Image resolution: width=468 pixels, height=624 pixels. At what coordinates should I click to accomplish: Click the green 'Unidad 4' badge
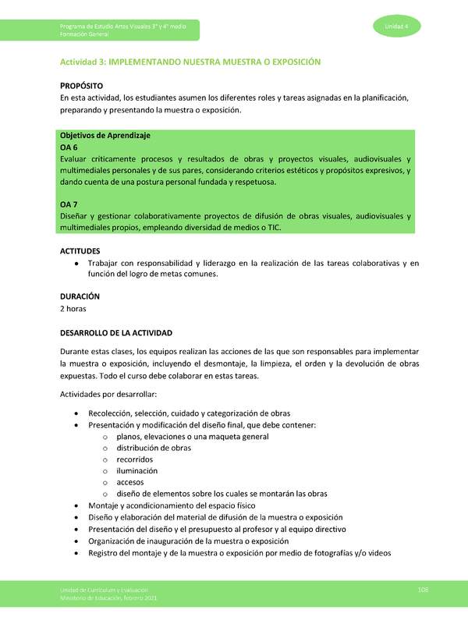[397, 27]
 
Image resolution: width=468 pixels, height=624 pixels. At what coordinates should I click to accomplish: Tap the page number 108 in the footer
[423, 589]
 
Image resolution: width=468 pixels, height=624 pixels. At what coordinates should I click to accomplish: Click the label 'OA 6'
[69, 147]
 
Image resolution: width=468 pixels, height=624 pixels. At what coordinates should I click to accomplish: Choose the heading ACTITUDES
[80, 251]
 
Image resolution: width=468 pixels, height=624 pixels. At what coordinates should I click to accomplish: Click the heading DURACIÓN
[80, 296]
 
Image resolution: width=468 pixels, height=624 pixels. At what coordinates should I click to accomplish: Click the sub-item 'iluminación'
[137, 470]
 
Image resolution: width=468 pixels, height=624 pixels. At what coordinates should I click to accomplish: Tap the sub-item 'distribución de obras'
[154, 448]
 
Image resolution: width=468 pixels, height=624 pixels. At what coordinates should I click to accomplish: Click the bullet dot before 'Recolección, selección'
[75, 414]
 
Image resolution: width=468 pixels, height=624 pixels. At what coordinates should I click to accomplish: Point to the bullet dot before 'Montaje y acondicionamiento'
[75, 505]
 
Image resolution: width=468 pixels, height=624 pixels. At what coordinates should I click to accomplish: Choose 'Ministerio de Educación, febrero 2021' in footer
[109, 597]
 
